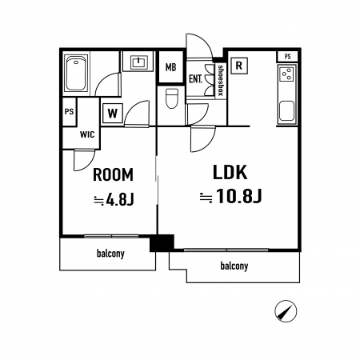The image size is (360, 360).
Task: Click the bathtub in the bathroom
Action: click(76, 73)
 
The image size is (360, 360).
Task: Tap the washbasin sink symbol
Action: click(138, 62)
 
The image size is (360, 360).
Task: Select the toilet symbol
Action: click(172, 98)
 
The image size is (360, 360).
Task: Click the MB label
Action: click(170, 67)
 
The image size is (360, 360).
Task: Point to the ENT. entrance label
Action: click(195, 79)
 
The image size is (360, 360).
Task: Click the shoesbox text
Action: click(221, 80)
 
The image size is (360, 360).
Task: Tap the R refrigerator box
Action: click(239, 66)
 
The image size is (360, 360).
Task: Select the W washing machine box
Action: click(113, 114)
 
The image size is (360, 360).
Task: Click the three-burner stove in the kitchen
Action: click(287, 73)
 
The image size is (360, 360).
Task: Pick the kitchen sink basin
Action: click(286, 110)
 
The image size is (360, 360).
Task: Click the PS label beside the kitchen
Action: click(287, 57)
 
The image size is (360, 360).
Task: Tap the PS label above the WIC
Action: click(69, 111)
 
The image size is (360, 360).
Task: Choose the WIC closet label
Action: click(87, 134)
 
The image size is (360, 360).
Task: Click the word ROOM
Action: click(113, 174)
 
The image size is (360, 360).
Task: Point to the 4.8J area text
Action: click(114, 199)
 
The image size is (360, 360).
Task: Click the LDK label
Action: click(230, 172)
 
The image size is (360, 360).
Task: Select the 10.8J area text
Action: click(230, 196)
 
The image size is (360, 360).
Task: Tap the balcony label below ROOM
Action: click(110, 254)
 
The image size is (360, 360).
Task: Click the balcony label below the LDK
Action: click(234, 266)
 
